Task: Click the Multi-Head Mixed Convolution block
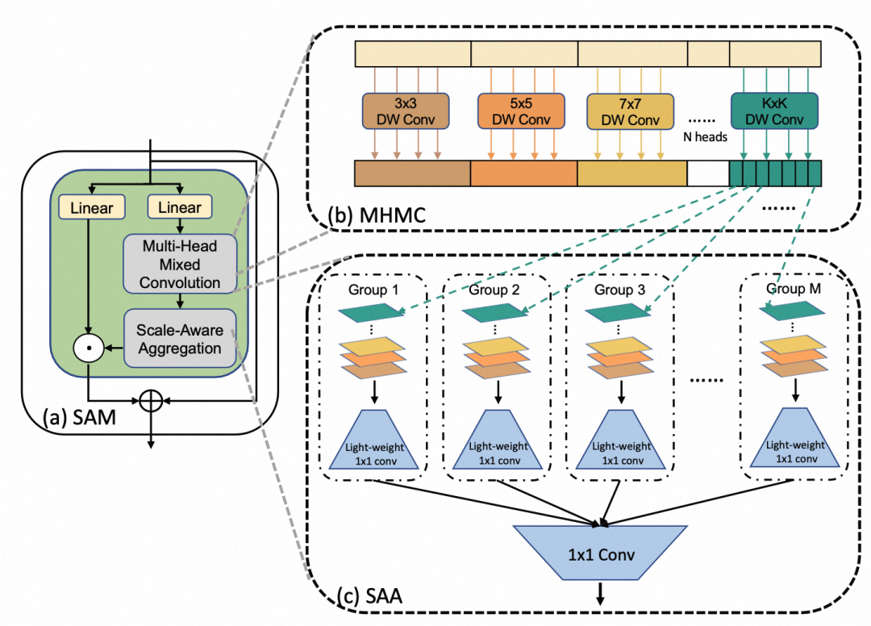[180, 263]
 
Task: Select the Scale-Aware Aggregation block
[180, 339]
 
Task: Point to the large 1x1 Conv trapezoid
[599, 554]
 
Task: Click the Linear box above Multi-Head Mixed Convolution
[180, 207]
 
